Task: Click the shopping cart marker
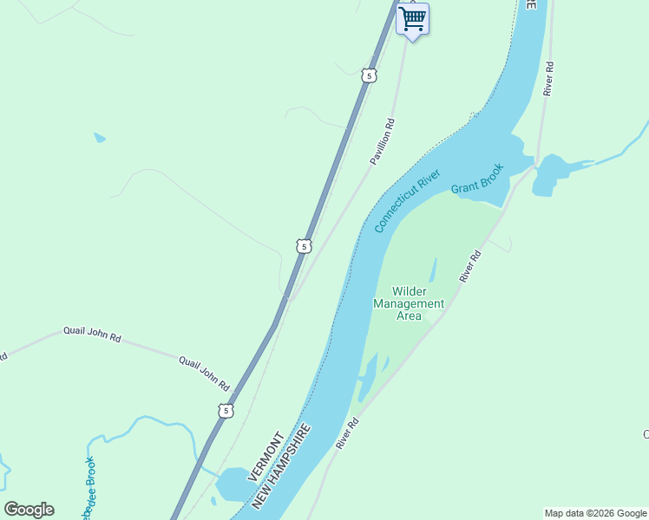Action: pos(412,19)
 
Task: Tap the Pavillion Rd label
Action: pos(383,141)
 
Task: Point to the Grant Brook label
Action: pos(476,179)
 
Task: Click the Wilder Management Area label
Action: pos(409,303)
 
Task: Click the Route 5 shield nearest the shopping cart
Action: pos(370,76)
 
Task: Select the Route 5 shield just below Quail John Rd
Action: pos(226,411)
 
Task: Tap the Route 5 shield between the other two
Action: pos(302,246)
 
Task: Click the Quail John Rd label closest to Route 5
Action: pos(203,373)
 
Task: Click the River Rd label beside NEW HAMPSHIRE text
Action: pos(347,434)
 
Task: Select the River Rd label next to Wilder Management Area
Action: pos(469,266)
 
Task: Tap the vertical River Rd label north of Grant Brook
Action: pos(547,78)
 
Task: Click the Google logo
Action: pos(29,510)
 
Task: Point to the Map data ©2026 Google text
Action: pos(596,513)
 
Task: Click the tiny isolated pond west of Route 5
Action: pos(100,137)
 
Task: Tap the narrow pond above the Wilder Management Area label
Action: pos(433,270)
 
